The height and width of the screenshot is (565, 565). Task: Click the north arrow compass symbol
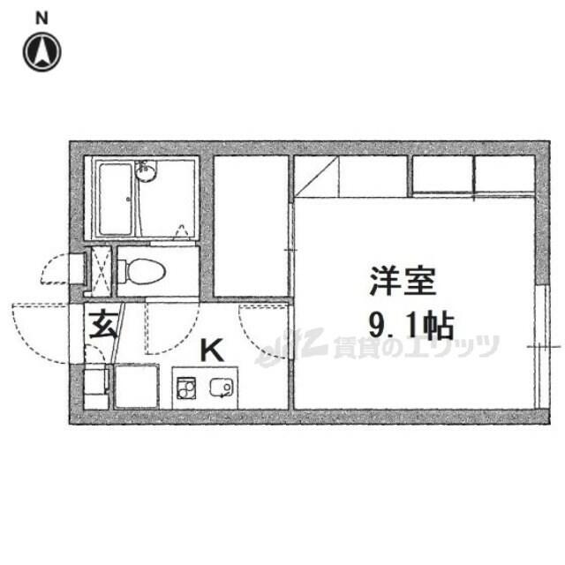pos(42,52)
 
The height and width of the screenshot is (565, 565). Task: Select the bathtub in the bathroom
pos(114,199)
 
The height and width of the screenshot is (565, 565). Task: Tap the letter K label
pos(211,350)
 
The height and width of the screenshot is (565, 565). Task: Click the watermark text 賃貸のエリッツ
pos(415,346)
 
